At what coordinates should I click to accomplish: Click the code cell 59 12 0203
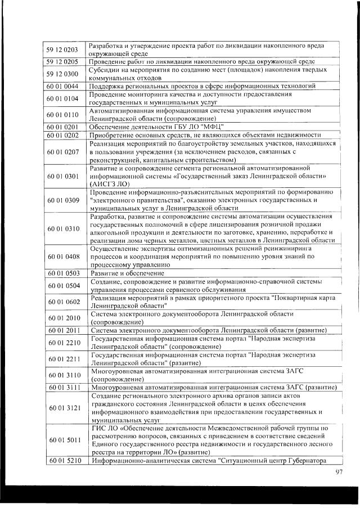(x=62, y=49)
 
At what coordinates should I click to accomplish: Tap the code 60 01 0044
(x=62, y=86)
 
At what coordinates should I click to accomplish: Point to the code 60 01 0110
(x=62, y=115)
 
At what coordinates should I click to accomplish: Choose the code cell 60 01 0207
(x=62, y=152)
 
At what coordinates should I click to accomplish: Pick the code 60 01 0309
(x=62, y=200)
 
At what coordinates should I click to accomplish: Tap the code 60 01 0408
(x=62, y=257)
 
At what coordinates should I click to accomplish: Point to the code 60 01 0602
(x=62, y=302)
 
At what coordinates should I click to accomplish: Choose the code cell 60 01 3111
(x=62, y=388)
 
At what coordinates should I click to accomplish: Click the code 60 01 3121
(x=62, y=408)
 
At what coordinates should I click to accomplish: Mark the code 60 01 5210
(x=62, y=461)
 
